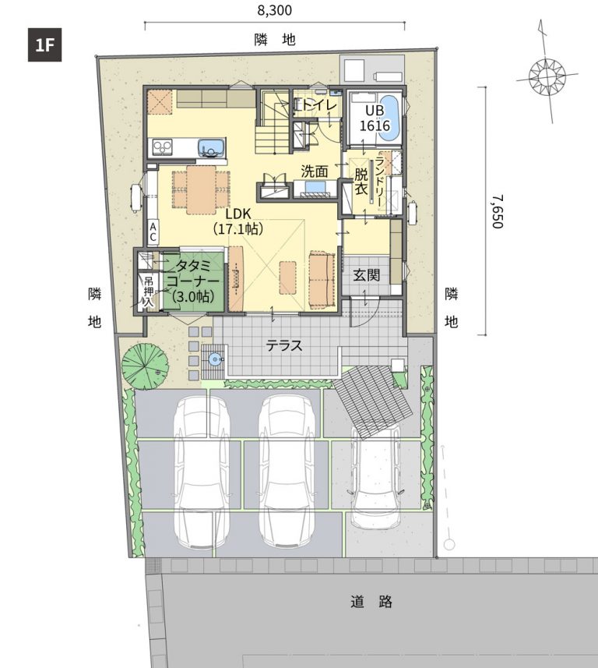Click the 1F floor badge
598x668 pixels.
[44, 44]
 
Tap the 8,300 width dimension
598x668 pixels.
[275, 10]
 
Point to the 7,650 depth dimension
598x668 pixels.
[498, 211]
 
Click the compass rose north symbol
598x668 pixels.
[547, 76]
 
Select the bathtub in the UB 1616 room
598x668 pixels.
[390, 118]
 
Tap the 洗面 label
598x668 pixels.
[315, 171]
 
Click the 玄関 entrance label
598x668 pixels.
[367, 275]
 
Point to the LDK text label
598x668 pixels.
[238, 214]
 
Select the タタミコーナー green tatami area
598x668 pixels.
[194, 281]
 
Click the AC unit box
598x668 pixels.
[153, 232]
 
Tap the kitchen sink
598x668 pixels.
[211, 148]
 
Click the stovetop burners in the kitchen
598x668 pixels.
[162, 147]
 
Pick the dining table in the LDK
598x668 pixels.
[201, 189]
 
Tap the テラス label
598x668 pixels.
[284, 345]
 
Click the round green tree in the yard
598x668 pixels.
[145, 366]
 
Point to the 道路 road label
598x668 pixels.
[371, 602]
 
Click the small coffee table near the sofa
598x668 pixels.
[288, 277]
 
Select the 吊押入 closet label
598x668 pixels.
[149, 292]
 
